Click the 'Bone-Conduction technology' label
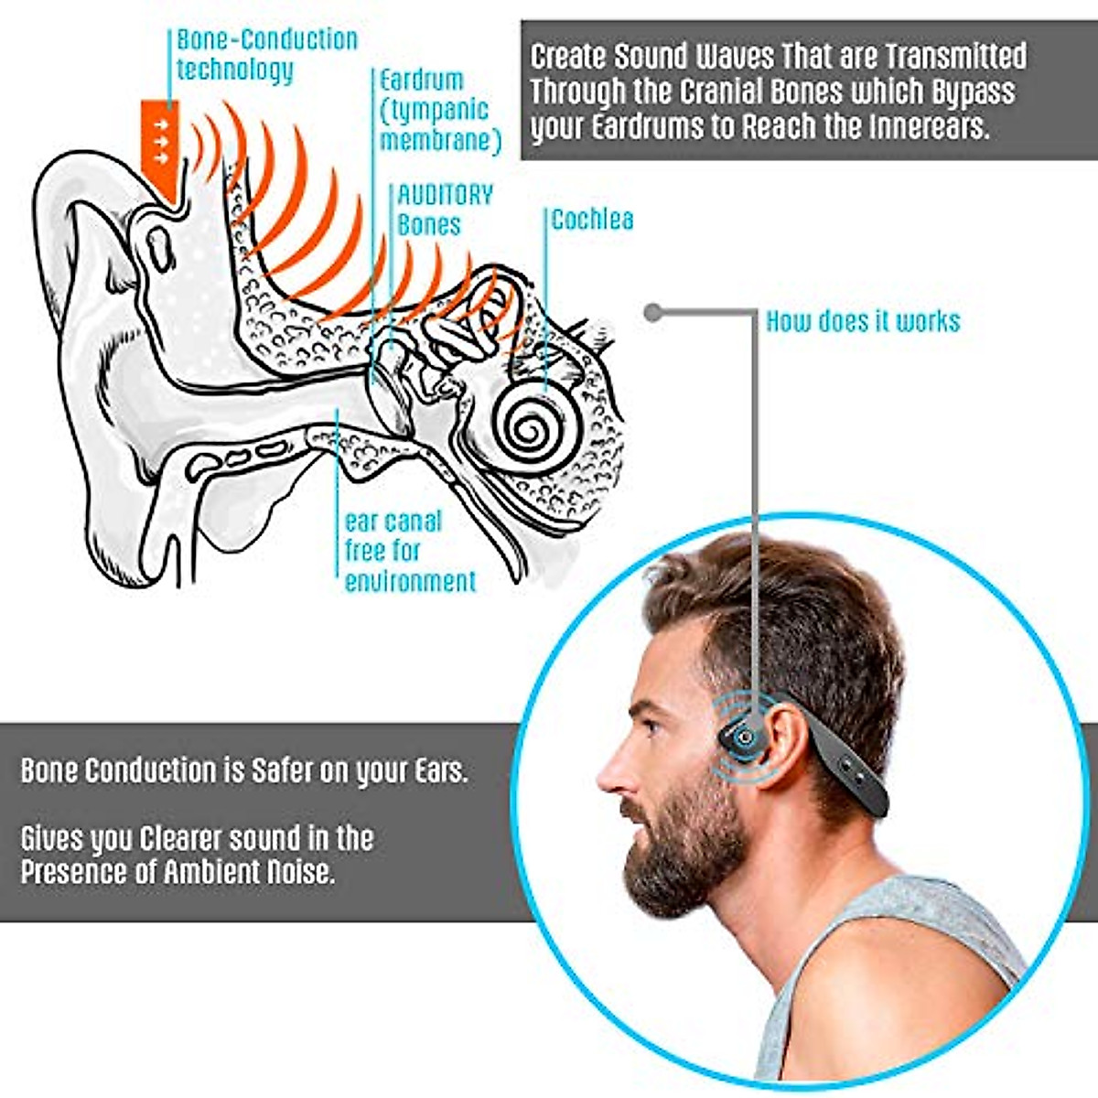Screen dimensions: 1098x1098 265,54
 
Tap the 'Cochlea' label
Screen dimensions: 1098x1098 592,220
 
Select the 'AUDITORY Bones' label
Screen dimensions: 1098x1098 445,210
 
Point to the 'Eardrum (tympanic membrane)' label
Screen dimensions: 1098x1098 440,110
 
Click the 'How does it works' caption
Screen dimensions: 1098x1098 863,321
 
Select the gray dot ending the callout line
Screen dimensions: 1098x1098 652,313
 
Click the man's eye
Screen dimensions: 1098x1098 652,728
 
